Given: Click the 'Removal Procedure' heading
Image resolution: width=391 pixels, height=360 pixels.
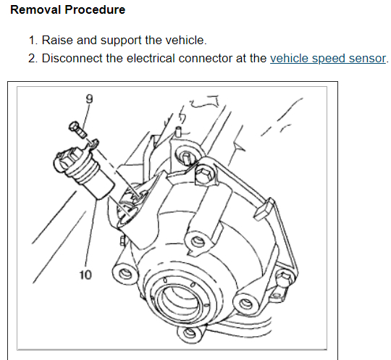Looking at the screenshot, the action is pos(67,10).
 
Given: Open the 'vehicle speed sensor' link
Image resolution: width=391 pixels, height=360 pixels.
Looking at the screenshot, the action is pos(328,59).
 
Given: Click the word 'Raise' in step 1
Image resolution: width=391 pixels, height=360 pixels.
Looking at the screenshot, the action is pos(57,40).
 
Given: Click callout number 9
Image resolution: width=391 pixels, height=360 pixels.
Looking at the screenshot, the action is pos(89,99).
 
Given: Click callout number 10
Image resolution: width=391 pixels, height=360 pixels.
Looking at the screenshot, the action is pos(85,275).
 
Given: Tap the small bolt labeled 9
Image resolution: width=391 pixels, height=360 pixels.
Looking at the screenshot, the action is pos(77,129).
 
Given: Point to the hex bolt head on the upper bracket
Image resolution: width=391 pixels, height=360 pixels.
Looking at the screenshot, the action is pos(203,174).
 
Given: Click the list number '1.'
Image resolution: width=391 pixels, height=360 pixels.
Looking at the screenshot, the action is pos(33,40).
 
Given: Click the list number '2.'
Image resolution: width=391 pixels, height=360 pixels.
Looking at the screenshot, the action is pos(33,59).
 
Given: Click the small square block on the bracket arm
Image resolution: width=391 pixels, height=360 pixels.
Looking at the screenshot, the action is pos(264,209).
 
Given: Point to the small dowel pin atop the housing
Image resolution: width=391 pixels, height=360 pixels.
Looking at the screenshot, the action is pos(178,132).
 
